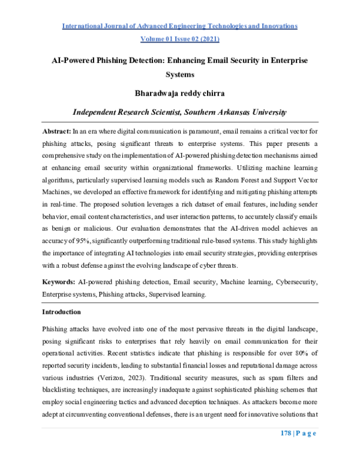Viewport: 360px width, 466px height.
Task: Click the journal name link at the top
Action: point(179,26)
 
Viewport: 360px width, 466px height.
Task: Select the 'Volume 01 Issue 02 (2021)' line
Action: point(179,40)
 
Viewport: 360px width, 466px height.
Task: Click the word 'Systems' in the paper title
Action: point(179,75)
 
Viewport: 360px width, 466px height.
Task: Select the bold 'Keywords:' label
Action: point(59,282)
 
